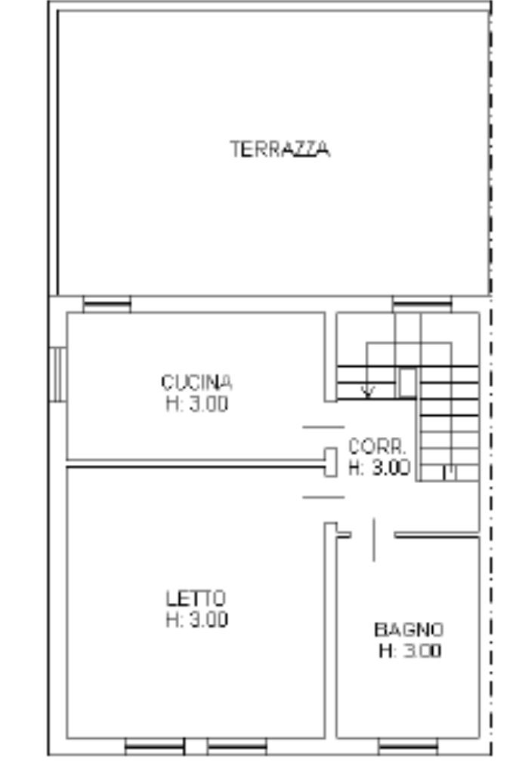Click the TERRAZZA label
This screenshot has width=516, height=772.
280,149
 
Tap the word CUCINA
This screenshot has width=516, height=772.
196,382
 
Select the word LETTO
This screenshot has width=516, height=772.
196,598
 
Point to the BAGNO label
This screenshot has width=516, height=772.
409,629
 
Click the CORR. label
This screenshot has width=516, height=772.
378,447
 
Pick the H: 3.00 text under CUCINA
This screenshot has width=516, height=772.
197,404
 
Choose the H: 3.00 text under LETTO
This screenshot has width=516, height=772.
197,620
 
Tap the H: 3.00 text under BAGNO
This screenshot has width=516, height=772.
410,651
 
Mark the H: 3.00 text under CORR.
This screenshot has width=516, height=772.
379,468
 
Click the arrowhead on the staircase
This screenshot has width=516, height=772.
367,392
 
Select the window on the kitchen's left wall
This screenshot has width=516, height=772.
57,374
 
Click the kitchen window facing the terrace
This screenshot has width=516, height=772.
107,304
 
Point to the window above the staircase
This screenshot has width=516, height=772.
422,304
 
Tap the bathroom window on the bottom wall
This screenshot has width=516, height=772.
408,746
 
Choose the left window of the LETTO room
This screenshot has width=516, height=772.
155,746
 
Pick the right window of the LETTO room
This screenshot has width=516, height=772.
237,746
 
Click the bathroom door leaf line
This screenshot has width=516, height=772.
374,540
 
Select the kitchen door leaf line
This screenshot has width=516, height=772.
323,427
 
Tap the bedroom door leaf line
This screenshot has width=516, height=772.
323,497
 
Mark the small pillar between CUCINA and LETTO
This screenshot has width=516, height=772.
331,463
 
